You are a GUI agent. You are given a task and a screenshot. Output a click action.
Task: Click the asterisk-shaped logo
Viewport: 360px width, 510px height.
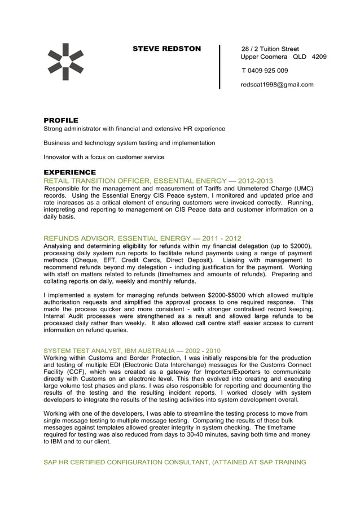click(65, 62)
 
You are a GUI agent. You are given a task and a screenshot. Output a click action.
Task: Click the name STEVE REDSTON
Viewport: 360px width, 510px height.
click(166, 49)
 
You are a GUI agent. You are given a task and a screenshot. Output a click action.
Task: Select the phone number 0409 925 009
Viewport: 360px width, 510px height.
click(269, 71)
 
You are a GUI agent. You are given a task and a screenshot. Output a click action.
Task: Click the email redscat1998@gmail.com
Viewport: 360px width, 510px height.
click(277, 85)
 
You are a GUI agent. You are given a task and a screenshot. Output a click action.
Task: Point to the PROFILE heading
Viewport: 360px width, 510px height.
click(61, 120)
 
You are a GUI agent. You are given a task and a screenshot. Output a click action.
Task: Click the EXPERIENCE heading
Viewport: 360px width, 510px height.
click(70, 172)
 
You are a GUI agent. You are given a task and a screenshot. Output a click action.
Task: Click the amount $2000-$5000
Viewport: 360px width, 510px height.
click(232, 295)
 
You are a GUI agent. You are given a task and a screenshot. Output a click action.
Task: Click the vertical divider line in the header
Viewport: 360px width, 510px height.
click(219, 67)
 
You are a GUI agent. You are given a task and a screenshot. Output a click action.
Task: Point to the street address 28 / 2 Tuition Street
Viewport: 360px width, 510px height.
click(270, 49)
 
